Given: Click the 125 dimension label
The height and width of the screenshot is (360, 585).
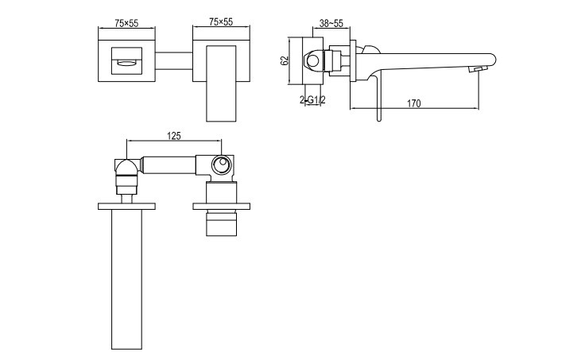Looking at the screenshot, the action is click(174, 136).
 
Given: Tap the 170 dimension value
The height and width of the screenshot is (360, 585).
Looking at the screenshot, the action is click(414, 103).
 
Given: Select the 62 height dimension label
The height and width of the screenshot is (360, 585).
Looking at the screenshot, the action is click(285, 60).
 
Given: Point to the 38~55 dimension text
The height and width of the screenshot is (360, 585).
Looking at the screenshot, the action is click(331, 23).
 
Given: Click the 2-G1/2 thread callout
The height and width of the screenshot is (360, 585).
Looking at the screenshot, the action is click(312, 100).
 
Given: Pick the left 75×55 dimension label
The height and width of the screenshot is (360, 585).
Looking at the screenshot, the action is click(126, 23).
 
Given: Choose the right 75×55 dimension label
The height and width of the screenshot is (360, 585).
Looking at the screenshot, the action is click(221, 22).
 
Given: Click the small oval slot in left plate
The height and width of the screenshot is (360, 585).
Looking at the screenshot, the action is click(127, 63).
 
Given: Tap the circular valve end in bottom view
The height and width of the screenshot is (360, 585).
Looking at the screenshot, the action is click(221, 165).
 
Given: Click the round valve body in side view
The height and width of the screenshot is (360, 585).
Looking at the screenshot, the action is click(313, 60).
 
